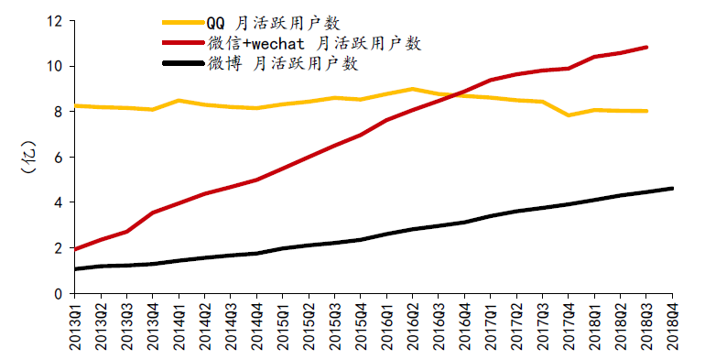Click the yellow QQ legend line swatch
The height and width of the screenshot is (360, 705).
coord(183,22)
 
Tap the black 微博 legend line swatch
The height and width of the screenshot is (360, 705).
coord(183,63)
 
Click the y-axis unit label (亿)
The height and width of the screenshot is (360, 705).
coord(28,157)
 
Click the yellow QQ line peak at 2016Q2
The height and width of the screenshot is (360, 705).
coord(413,89)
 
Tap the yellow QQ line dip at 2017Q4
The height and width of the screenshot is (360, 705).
coord(569,115)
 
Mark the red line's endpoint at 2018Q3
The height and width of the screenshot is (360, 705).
coord(646,48)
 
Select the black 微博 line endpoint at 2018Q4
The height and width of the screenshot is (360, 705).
coord(672,189)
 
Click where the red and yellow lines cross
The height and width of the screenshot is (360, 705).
coord(453,94)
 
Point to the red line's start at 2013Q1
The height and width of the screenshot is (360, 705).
coord(75,249)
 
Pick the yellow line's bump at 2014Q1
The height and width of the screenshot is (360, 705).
coord(179,101)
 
